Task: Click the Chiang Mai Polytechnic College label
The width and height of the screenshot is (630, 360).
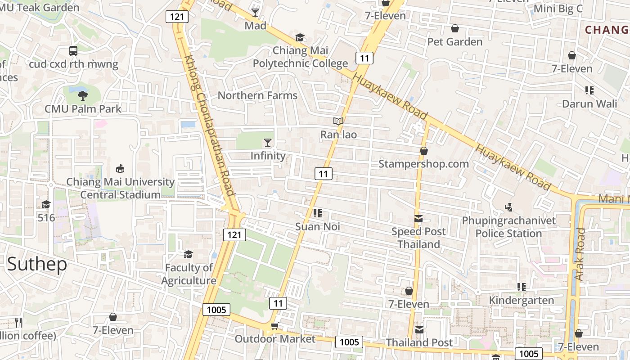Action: pos(300,57)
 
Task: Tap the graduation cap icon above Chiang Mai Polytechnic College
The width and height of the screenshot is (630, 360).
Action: pos(300,37)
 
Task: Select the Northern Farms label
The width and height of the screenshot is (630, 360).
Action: pos(257,95)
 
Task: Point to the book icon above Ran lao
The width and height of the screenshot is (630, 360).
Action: pos(338,121)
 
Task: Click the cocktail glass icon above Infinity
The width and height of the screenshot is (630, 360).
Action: pos(268,143)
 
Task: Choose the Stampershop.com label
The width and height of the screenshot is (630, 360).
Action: pos(423,164)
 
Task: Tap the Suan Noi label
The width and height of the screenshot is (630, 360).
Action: pos(317,227)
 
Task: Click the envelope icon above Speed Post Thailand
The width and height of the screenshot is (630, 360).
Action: pos(418,219)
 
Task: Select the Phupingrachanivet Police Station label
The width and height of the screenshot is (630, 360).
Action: pos(509,227)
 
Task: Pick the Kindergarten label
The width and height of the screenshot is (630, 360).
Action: pos(521,301)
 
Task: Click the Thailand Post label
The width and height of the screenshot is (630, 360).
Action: pos(419,342)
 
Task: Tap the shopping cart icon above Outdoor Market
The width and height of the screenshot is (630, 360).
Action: pos(274,326)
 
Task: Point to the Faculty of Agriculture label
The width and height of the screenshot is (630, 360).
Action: pos(189,274)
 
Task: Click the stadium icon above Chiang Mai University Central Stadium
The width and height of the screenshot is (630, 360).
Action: pos(120,169)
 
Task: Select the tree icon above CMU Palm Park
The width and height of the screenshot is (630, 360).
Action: pos(82,95)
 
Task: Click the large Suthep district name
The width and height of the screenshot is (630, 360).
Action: pos(37,264)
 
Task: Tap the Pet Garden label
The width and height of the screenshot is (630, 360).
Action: pos(454,42)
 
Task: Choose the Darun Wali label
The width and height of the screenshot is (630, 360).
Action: pos(589,104)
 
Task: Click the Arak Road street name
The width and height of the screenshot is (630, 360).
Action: pos(580,255)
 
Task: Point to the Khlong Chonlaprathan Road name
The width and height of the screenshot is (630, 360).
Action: pos(210,126)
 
